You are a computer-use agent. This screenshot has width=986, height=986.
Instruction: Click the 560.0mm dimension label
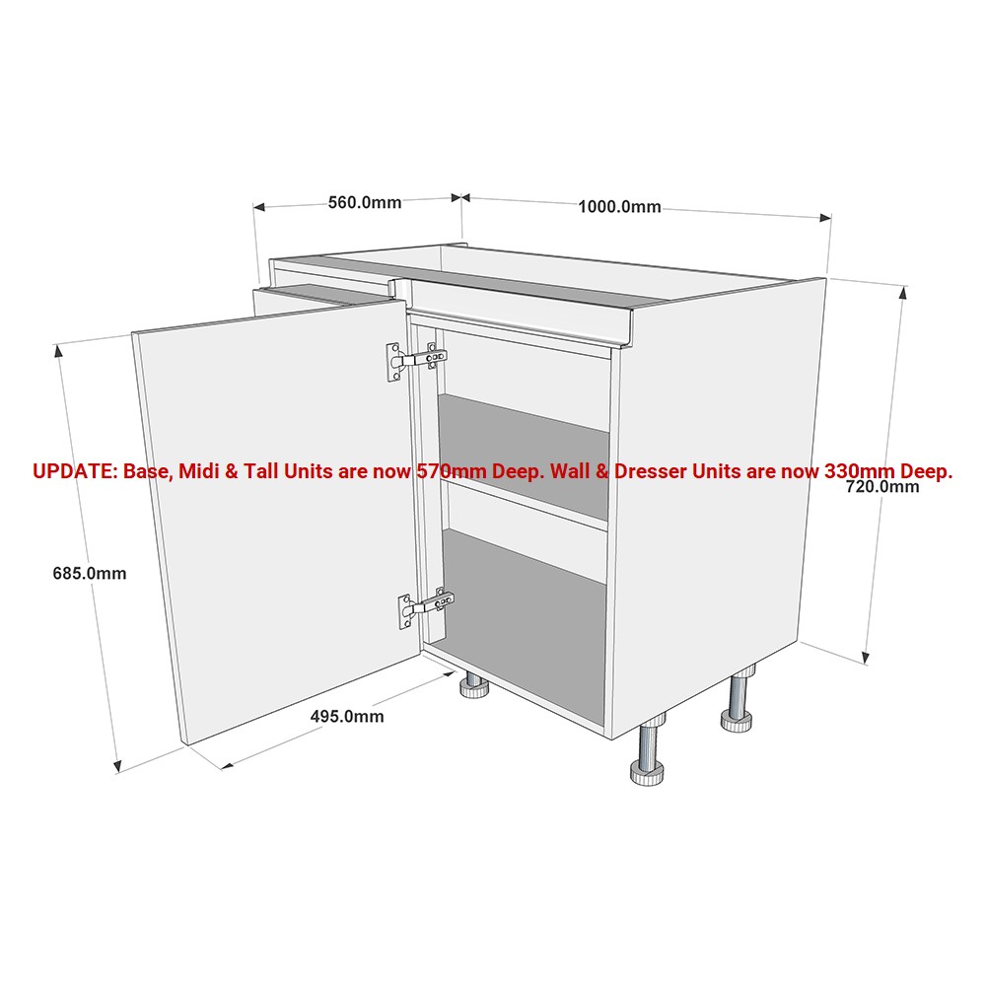[365, 202]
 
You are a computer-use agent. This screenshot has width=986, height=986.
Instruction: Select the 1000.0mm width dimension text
[619, 207]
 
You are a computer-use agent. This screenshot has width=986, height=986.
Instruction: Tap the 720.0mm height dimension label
[882, 487]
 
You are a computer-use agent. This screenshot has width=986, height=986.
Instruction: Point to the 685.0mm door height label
[90, 574]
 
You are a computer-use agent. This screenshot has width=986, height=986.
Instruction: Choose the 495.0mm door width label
[346, 716]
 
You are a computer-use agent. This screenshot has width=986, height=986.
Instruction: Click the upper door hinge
[416, 360]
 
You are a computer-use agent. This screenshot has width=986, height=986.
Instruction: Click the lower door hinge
[425, 607]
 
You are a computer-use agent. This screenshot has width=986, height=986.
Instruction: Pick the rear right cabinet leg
[739, 700]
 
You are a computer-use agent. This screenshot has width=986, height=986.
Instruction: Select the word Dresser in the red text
[650, 471]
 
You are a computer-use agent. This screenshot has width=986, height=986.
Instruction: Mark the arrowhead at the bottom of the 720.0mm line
[867, 657]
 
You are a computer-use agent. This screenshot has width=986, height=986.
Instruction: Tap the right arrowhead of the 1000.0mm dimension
[825, 218]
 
